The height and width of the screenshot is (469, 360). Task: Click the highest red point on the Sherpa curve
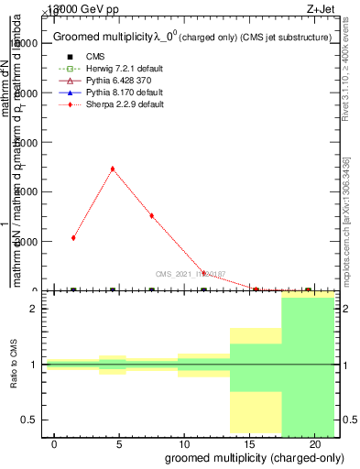[x=112, y=169]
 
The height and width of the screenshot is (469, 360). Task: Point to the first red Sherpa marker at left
[x=73, y=237]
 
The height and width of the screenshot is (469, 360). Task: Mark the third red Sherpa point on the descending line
[x=151, y=215]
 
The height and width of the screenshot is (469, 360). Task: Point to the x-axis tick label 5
[x=119, y=444]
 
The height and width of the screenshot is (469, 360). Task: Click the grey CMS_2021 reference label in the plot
[x=189, y=273]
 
